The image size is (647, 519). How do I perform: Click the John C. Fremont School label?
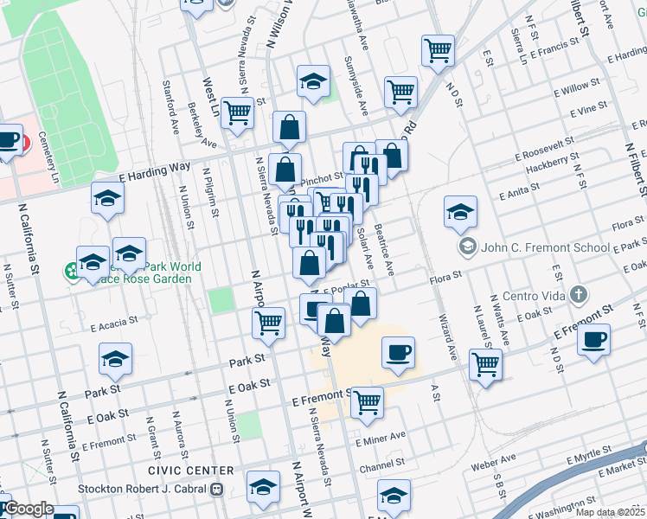[545, 248]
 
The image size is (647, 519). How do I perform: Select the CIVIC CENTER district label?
[190, 471]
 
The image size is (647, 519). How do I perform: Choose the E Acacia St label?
[114, 324]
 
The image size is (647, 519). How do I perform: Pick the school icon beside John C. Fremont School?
[468, 247]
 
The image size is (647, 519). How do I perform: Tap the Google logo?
[28, 509]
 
